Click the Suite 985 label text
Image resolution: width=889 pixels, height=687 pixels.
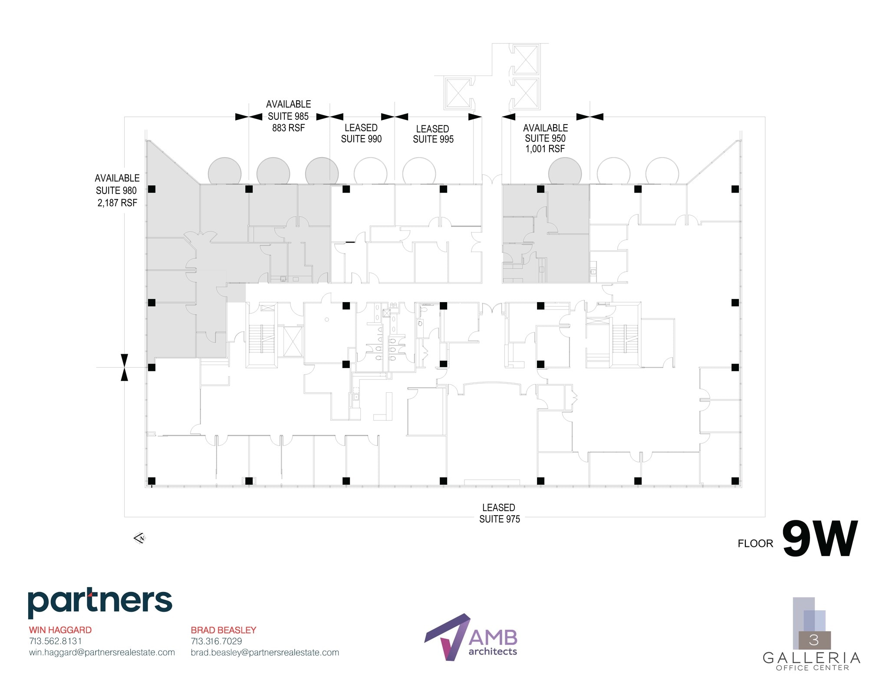click(x=288, y=116)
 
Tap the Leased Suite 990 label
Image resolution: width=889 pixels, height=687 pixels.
click(x=361, y=133)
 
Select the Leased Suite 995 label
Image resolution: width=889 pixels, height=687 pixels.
click(x=433, y=134)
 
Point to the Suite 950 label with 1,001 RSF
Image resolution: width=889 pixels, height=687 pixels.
click(x=545, y=138)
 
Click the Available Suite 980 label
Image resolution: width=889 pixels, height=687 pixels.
click(x=117, y=190)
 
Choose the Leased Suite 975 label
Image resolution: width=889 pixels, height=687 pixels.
click(x=499, y=513)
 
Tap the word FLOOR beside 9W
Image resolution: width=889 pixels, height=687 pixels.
click(x=755, y=543)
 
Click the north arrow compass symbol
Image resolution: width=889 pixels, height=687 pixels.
click(x=140, y=538)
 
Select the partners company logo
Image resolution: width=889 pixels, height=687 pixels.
click(x=100, y=602)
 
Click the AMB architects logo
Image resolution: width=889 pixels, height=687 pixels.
click(x=471, y=637)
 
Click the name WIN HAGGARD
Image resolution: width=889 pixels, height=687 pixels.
click(x=60, y=630)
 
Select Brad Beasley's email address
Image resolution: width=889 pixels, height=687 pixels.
click(x=265, y=652)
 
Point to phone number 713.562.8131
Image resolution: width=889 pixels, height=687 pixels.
click(x=56, y=641)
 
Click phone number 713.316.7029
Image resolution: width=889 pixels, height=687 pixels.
click(x=217, y=641)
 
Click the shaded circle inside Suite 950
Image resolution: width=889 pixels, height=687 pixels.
click(x=565, y=172)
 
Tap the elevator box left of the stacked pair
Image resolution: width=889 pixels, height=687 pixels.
click(x=458, y=93)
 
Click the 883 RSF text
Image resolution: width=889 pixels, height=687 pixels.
click(x=288, y=128)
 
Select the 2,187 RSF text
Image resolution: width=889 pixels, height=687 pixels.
click(x=117, y=203)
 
